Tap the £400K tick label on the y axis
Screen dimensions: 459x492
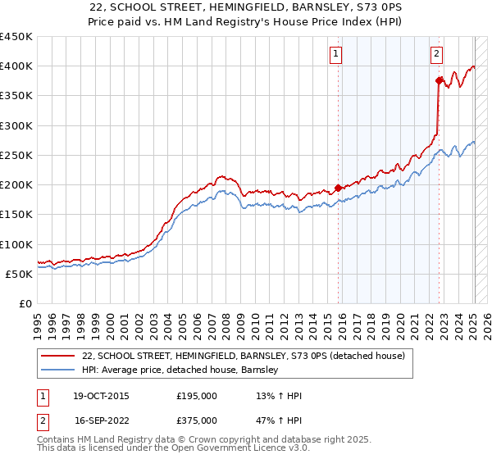pos(16,66)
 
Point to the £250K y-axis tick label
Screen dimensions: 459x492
pos(16,156)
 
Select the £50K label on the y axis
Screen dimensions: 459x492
pos(20,275)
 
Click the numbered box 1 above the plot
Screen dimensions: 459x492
pos(336,55)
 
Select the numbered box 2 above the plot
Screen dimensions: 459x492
pos(436,55)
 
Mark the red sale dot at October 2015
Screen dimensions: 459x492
pos(339,188)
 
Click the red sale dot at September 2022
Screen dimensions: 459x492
pos(439,80)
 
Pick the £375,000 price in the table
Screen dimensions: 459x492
pos(197,420)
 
